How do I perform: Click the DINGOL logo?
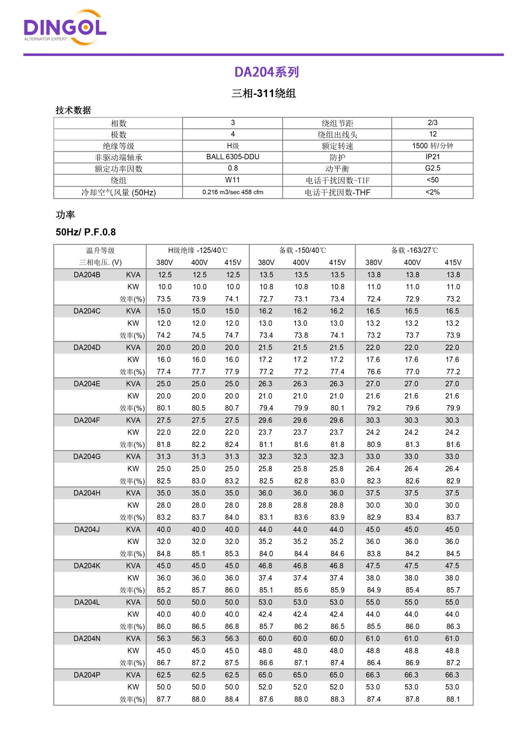[x=65, y=28]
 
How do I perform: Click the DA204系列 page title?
[x=266, y=72]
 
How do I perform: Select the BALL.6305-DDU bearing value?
[x=233, y=157]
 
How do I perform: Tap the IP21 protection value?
[x=432, y=157]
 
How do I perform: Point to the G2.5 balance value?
[x=432, y=168]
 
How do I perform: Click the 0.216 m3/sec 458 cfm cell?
[x=233, y=192]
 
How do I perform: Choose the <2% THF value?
[x=432, y=192]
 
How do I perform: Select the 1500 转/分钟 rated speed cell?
[x=432, y=146]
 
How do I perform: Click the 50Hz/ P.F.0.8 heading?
[x=85, y=232]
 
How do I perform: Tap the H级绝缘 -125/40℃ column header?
[x=198, y=250]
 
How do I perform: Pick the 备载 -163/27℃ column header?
[x=414, y=250]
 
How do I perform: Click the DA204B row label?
[x=87, y=275]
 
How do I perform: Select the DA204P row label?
[x=87, y=675]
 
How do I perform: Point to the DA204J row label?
[x=87, y=529]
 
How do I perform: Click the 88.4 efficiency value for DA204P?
[x=232, y=699]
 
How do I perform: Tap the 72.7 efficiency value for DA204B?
[x=266, y=299]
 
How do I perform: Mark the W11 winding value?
[x=233, y=180]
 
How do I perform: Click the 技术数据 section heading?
[x=73, y=110]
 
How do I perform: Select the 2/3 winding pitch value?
[x=432, y=123]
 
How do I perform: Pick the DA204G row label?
[x=87, y=456]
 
